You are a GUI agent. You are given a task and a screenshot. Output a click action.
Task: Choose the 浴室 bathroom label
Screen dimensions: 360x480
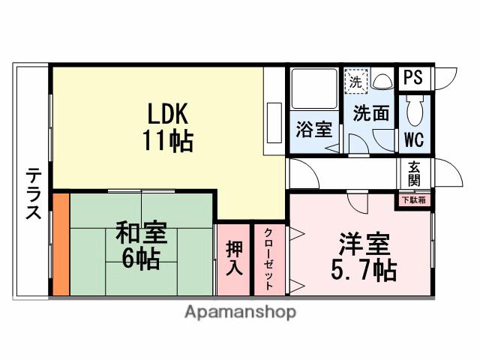click(313, 128)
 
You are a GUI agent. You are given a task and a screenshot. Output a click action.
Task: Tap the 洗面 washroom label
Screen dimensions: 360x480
click(371, 114)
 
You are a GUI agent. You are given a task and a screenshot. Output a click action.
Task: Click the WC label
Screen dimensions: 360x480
click(414, 139)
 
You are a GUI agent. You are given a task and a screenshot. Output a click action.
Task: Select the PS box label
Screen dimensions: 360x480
click(413, 77)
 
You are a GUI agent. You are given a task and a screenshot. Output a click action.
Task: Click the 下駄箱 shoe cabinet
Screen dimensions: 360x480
click(413, 199)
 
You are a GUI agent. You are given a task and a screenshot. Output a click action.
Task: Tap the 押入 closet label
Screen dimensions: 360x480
click(233, 257)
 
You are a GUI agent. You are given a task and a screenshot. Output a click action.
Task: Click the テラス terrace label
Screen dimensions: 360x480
click(33, 193)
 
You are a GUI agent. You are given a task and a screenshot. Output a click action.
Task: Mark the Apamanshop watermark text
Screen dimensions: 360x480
click(240, 311)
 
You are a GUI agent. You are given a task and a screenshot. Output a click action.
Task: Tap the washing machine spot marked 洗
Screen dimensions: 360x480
click(355, 82)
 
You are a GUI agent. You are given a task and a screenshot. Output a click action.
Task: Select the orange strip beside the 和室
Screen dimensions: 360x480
click(61, 244)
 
